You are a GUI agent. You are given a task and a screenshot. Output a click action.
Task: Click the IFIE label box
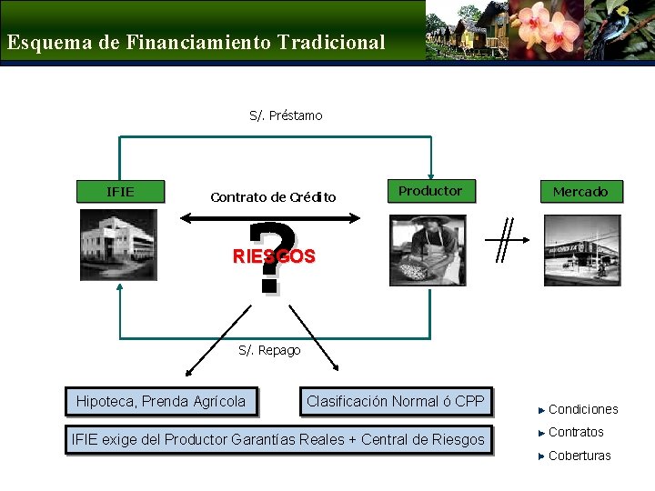point(120,192)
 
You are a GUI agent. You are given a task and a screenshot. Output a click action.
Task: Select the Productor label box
point(429,191)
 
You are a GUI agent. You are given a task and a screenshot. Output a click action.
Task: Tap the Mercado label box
point(580,192)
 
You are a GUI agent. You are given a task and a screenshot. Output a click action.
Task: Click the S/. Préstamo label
point(286,115)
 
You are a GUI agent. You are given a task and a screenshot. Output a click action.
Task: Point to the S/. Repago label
point(269,350)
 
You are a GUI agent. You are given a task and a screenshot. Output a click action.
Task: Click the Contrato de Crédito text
point(273,197)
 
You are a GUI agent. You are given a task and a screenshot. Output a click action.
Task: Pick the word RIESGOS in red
point(274,256)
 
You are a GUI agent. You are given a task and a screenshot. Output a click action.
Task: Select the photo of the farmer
point(428,250)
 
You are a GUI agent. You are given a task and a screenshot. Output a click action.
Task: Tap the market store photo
point(582,250)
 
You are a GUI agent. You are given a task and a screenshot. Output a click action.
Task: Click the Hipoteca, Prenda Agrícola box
point(161,401)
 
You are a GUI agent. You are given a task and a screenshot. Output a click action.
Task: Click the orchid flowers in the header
point(546,29)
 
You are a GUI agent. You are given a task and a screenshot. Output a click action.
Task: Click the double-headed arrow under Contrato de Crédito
point(270,217)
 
